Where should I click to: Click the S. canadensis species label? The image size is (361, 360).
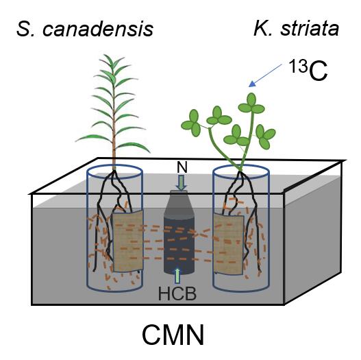[85, 29]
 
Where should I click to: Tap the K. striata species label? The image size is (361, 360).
[297, 29]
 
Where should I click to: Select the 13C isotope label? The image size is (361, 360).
[308, 69]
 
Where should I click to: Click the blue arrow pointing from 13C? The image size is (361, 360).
[266, 75]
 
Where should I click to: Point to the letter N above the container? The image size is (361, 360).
[182, 167]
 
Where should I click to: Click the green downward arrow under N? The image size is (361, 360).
[182, 182]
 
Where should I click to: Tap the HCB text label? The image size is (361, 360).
[177, 293]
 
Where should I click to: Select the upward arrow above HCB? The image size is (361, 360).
[177, 275]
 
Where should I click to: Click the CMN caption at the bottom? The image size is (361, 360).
[173, 335]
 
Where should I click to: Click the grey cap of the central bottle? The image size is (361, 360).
[179, 193]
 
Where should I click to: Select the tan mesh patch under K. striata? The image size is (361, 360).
[229, 244]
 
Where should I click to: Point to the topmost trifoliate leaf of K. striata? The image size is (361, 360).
[251, 104]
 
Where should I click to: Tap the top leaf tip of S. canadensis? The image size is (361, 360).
[104, 55]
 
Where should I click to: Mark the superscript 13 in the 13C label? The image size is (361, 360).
[298, 66]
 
